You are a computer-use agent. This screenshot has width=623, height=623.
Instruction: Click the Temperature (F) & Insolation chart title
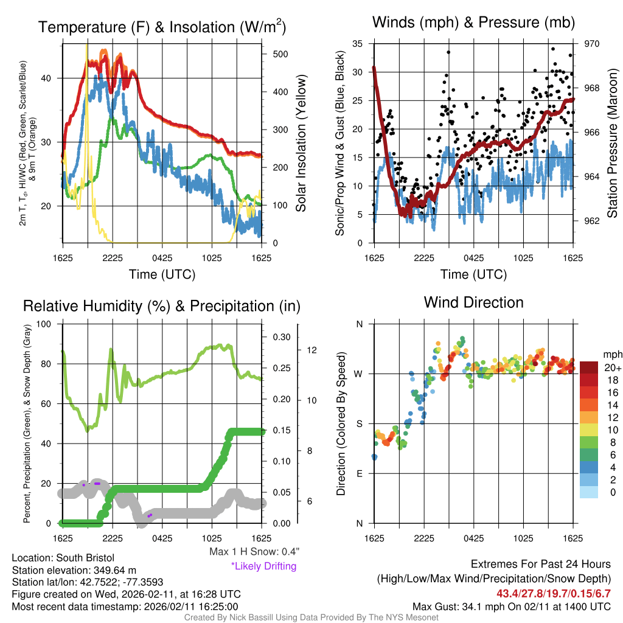click(162, 27)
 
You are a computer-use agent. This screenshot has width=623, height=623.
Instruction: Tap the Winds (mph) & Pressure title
click(473, 23)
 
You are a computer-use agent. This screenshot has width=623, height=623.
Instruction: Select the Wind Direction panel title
click(473, 302)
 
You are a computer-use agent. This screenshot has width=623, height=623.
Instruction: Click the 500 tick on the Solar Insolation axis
click(280, 54)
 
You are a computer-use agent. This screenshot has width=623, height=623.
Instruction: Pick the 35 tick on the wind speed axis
click(358, 44)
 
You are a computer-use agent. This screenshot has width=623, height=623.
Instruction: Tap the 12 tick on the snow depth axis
click(313, 350)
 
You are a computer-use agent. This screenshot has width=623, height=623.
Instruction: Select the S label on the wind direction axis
click(359, 423)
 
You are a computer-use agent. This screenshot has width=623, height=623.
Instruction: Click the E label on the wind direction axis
click(359, 473)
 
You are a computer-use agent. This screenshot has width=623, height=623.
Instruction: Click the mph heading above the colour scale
click(611, 354)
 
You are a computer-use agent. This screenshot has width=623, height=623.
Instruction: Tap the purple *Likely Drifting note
click(263, 566)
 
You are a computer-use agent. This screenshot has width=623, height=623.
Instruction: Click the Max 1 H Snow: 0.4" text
click(254, 552)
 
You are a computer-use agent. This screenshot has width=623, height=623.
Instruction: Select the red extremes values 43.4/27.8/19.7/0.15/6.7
click(554, 593)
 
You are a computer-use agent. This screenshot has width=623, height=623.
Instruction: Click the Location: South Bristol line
click(63, 558)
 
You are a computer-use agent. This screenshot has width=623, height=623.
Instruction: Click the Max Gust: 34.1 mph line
click(511, 606)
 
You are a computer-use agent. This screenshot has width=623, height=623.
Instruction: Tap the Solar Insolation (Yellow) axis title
click(301, 143)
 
